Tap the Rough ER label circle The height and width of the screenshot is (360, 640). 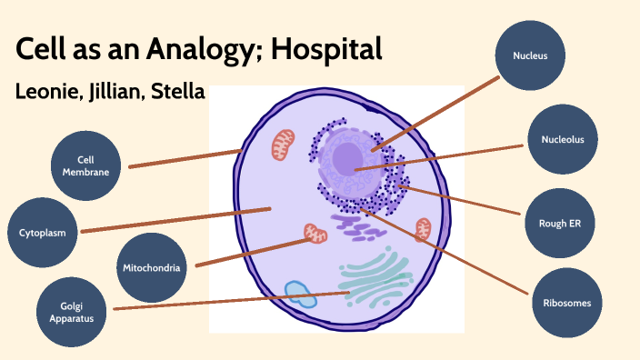(x=561, y=221)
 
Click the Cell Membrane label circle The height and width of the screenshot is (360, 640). (x=86, y=166)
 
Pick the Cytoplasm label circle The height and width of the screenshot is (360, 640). (x=43, y=233)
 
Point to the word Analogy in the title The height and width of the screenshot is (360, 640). (x=198, y=50)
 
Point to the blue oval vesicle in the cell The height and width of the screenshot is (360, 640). (x=299, y=294)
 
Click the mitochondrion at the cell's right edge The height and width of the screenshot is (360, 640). (x=422, y=230)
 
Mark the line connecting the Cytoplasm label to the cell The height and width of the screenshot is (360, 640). (x=173, y=220)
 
